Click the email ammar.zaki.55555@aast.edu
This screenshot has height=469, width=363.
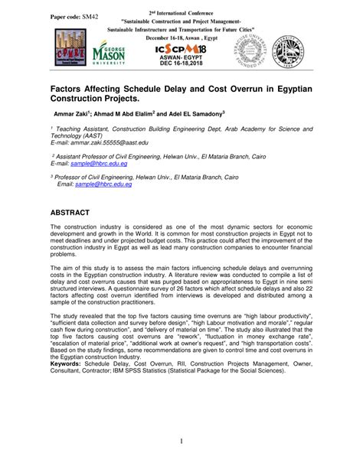tap(107, 142)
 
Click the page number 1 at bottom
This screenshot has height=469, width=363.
tap(181, 442)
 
